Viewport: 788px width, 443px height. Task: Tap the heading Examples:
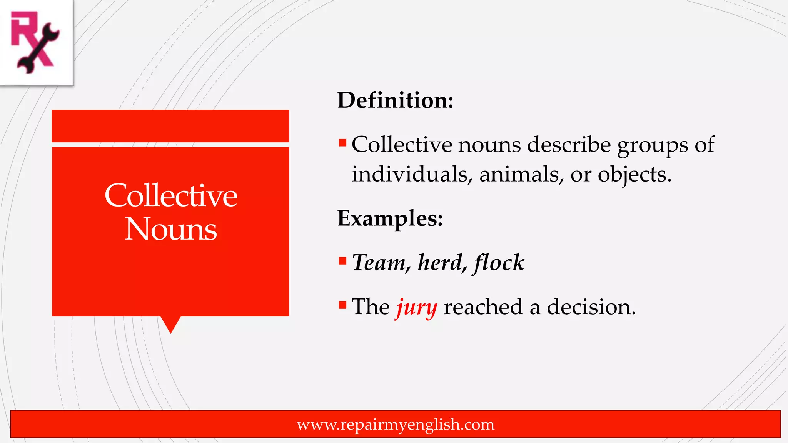[390, 218]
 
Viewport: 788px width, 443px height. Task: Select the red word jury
[417, 308]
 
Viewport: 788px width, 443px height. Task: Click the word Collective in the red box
[171, 195]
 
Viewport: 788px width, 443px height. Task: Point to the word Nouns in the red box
[171, 229]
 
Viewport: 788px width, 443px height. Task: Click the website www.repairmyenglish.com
[396, 424]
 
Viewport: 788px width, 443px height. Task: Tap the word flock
[499, 263]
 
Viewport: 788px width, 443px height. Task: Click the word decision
[591, 307]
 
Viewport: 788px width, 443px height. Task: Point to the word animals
[521, 174]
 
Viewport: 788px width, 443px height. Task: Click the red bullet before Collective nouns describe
[342, 143]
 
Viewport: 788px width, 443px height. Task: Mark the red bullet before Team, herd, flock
[342, 261]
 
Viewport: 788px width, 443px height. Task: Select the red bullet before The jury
[342, 305]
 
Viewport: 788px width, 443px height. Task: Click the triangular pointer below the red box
[170, 324]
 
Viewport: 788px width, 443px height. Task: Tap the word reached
[483, 307]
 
